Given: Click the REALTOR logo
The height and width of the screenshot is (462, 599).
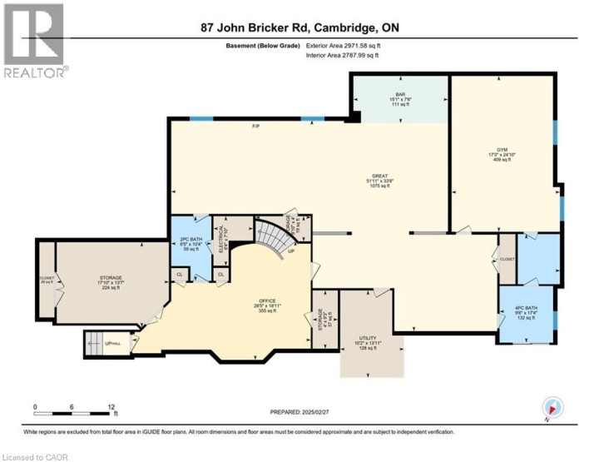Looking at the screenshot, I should tap(33, 42).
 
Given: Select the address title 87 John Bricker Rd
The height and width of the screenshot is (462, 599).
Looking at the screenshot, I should tap(299, 27).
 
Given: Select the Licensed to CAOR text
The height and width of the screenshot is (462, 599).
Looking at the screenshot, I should tap(37, 456).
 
